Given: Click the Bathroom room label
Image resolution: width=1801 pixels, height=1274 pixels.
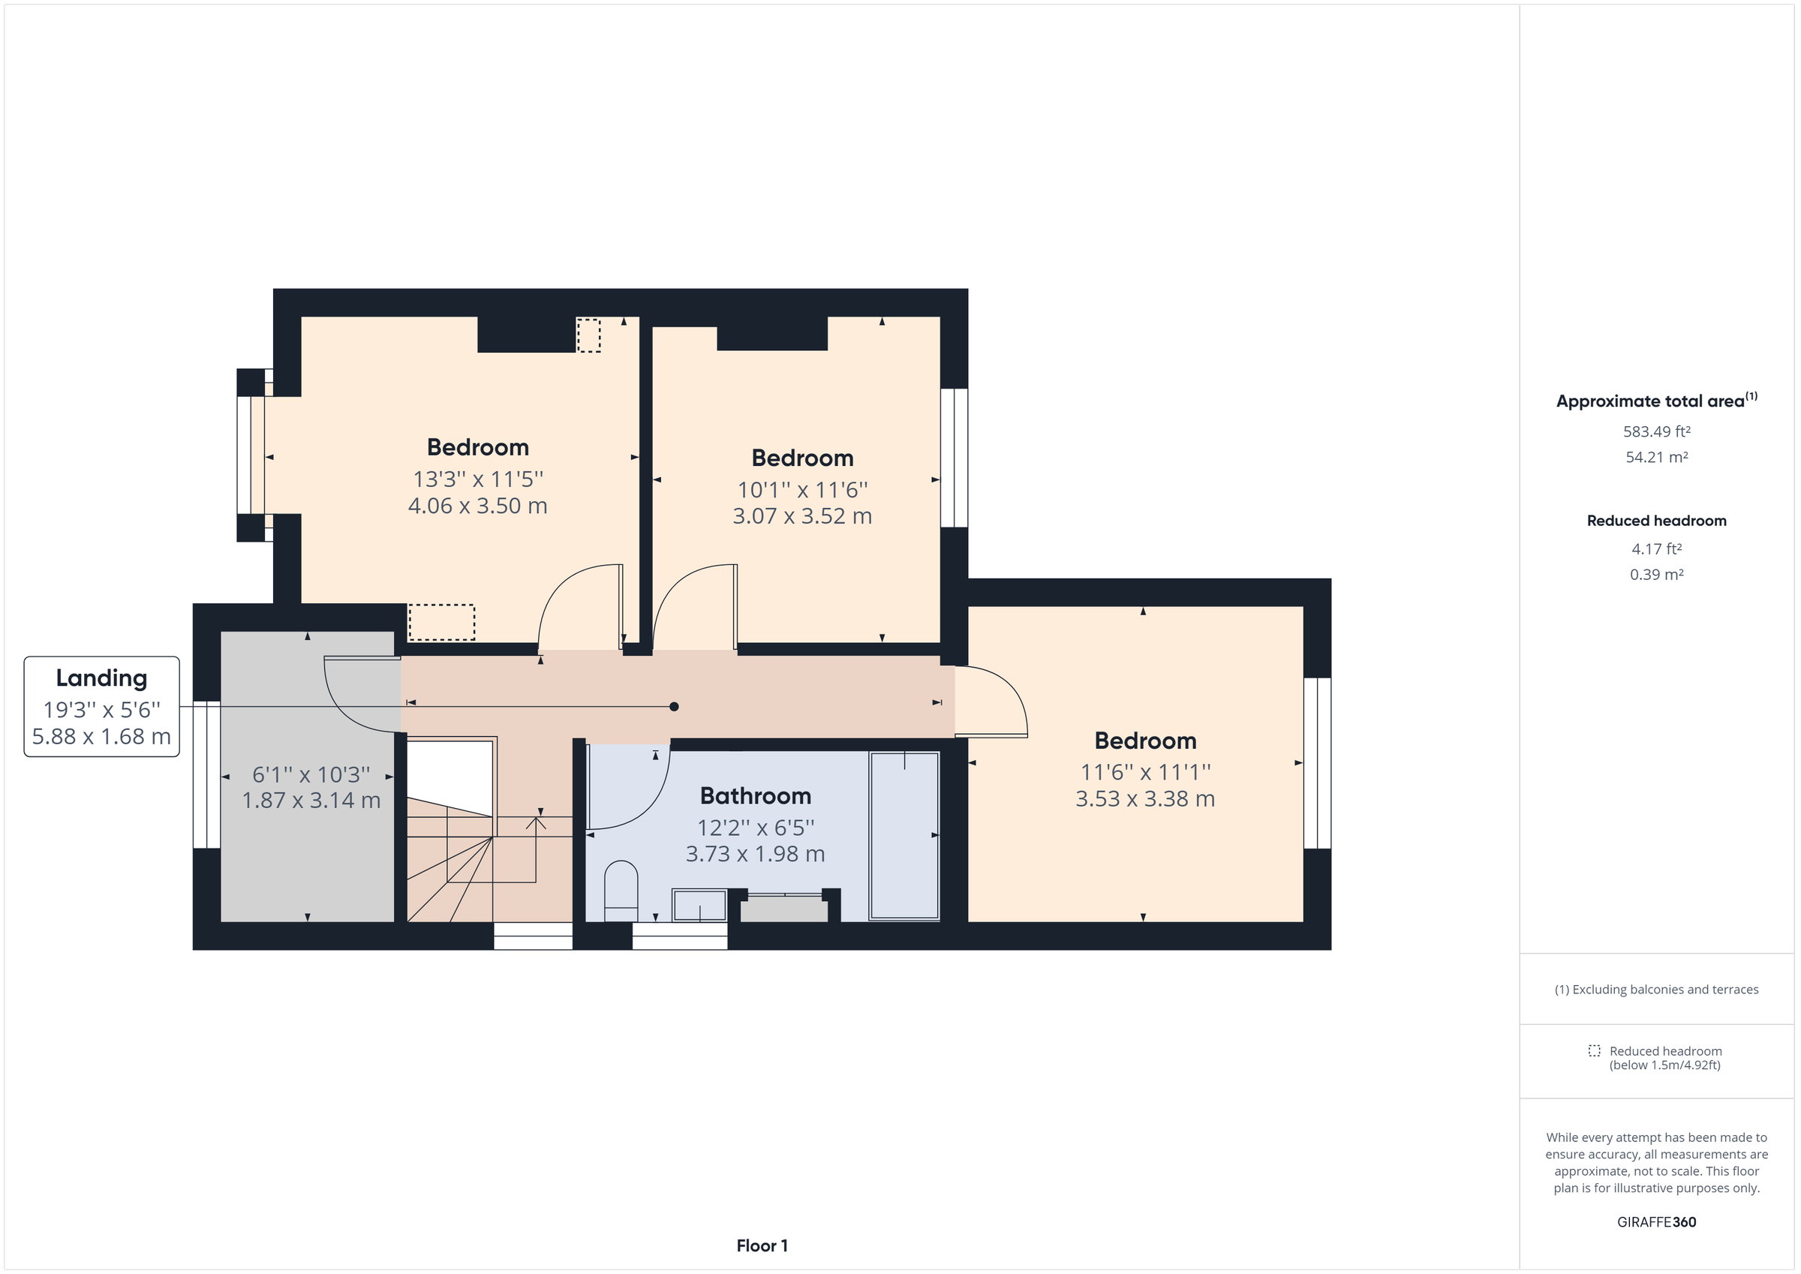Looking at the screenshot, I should pyautogui.click(x=755, y=795).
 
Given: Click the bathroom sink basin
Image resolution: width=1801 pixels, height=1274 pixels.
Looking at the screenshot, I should pyautogui.click(x=699, y=905).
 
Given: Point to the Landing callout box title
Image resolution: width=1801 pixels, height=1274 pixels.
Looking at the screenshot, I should pyautogui.click(x=101, y=678).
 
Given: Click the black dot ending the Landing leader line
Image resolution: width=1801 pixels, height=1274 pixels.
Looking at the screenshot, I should pyautogui.click(x=673, y=707).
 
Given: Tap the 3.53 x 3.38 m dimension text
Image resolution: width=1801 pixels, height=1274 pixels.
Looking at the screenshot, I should pyautogui.click(x=1144, y=798).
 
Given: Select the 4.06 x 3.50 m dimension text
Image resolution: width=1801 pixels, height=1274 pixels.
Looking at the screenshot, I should pyautogui.click(x=477, y=505).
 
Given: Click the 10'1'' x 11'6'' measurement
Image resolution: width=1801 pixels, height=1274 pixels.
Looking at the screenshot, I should pyautogui.click(x=801, y=489).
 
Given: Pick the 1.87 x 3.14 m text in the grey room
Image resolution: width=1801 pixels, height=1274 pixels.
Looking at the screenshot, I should pyautogui.click(x=311, y=800).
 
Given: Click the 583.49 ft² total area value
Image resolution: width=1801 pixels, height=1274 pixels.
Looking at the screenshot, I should pyautogui.click(x=1656, y=431).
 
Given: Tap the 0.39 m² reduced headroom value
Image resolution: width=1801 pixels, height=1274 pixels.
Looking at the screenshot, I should pyautogui.click(x=1656, y=574).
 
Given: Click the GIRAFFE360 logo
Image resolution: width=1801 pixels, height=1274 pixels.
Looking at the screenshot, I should pyautogui.click(x=1656, y=1221).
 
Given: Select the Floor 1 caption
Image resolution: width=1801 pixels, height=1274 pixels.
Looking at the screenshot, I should pyautogui.click(x=761, y=1245).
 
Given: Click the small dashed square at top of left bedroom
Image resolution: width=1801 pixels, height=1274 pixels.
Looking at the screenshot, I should pyautogui.click(x=588, y=335).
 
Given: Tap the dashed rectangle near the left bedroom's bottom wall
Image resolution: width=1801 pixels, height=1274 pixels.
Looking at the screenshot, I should pyautogui.click(x=442, y=622).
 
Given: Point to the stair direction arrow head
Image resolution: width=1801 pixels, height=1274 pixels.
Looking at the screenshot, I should pyautogui.click(x=536, y=822).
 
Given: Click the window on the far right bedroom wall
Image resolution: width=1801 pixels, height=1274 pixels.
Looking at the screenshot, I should pyautogui.click(x=1317, y=762).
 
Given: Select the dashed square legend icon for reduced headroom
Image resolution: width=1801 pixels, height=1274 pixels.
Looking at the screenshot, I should pyautogui.click(x=1594, y=1050).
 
